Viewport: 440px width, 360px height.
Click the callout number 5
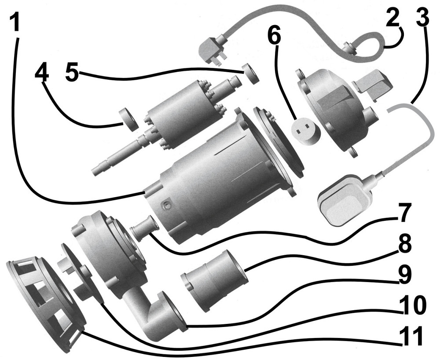72,72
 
